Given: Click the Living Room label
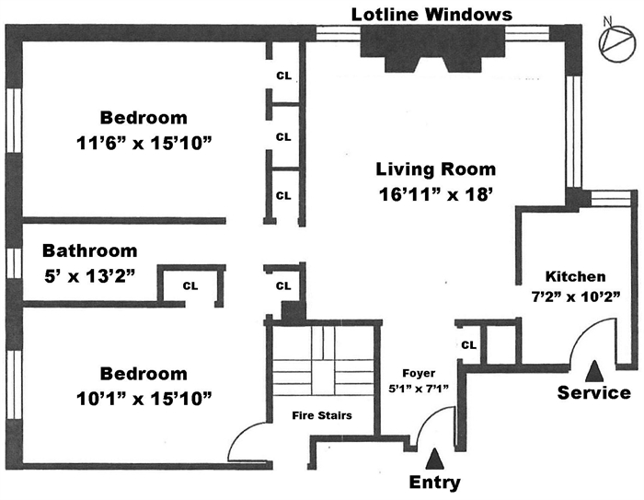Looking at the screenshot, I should (x=435, y=169).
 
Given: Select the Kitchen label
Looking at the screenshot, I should (x=576, y=276).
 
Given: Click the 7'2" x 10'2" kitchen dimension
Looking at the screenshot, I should (x=576, y=296).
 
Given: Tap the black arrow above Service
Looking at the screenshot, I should (x=594, y=370).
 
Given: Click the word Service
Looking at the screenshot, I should (x=594, y=393).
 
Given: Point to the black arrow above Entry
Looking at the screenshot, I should (x=435, y=458).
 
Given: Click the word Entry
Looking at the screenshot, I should (x=435, y=483).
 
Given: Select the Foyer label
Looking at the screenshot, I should (x=419, y=374).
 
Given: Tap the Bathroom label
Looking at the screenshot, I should (x=90, y=250).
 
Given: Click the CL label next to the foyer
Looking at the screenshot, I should (x=468, y=345).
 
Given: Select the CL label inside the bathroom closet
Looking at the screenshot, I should (x=190, y=285).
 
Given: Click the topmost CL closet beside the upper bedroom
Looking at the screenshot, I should (x=283, y=76).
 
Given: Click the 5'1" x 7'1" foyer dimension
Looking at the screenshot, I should (x=419, y=389).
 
